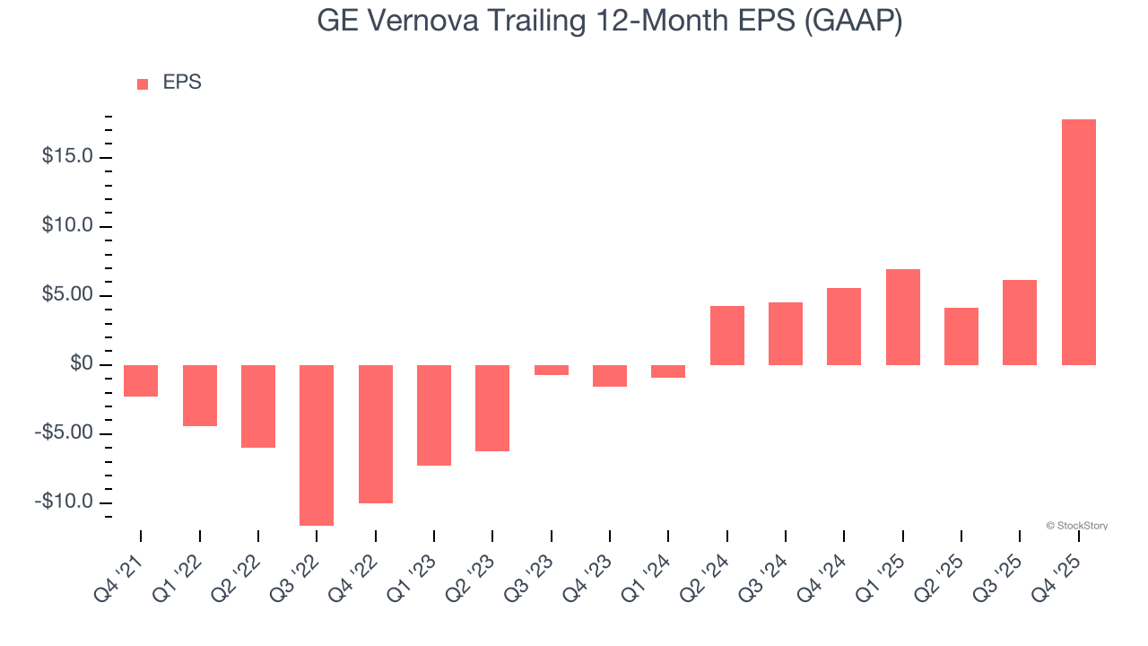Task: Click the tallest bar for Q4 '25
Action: tap(1078, 242)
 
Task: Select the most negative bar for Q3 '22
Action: tap(317, 445)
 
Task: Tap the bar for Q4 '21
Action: tap(141, 380)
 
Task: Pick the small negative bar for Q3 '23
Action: tap(551, 370)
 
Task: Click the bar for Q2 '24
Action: tap(726, 336)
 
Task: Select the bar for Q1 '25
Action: tap(902, 317)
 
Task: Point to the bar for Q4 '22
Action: tap(375, 434)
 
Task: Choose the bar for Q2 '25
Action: tap(961, 336)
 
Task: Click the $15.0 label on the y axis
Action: tap(67, 157)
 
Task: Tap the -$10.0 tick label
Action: tap(65, 502)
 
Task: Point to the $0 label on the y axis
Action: tap(83, 364)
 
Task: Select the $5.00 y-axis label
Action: tap(67, 295)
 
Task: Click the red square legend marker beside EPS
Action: tap(143, 83)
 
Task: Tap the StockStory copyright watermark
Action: tap(1076, 526)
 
